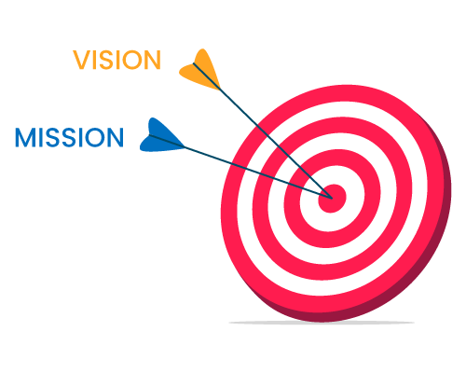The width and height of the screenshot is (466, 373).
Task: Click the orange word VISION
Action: point(116,60)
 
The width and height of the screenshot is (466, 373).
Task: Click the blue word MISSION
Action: point(69,137)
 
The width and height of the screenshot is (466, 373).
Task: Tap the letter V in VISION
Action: point(81,60)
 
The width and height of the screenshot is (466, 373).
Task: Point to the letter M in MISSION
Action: point(24,137)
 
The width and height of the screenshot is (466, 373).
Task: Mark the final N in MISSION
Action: point(116,137)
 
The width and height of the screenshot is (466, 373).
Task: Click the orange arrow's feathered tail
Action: point(201,71)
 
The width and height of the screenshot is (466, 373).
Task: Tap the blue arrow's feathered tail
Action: point(160,138)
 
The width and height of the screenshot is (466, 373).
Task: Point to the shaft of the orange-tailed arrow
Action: point(263,131)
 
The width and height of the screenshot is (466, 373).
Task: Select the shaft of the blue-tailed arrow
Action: point(241,167)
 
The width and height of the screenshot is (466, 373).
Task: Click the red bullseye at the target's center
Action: point(332,199)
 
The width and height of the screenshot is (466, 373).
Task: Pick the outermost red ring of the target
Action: point(230,202)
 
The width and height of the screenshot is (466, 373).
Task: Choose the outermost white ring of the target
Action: point(245,202)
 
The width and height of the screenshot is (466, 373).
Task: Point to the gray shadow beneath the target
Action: point(322,324)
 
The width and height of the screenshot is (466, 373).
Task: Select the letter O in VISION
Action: point(130,60)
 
